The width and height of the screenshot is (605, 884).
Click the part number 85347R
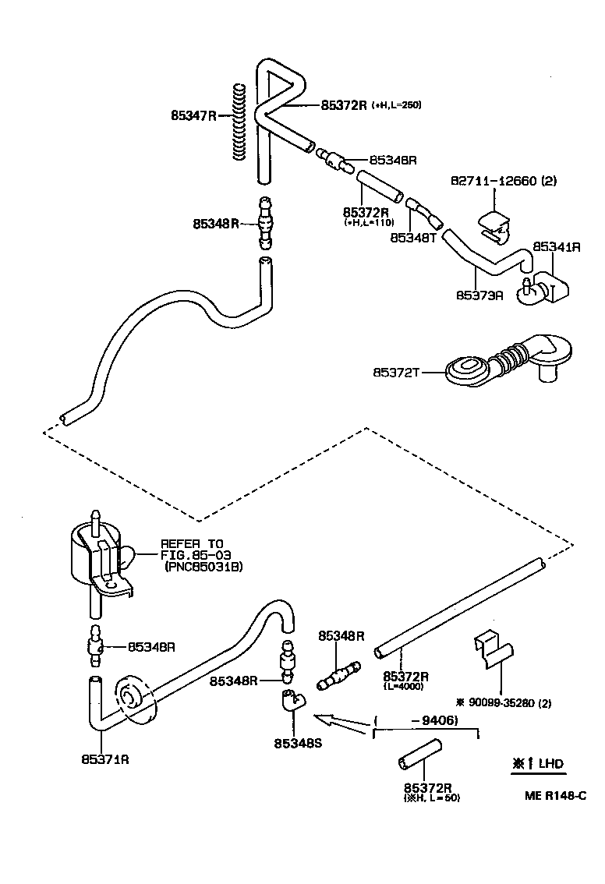pyautogui.click(x=193, y=115)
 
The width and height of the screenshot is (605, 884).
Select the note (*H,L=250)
pyautogui.click(x=396, y=104)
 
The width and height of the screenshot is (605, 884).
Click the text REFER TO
pyautogui.click(x=191, y=544)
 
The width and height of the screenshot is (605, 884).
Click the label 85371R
pyautogui.click(x=104, y=758)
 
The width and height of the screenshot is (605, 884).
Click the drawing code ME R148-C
pyautogui.click(x=554, y=795)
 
